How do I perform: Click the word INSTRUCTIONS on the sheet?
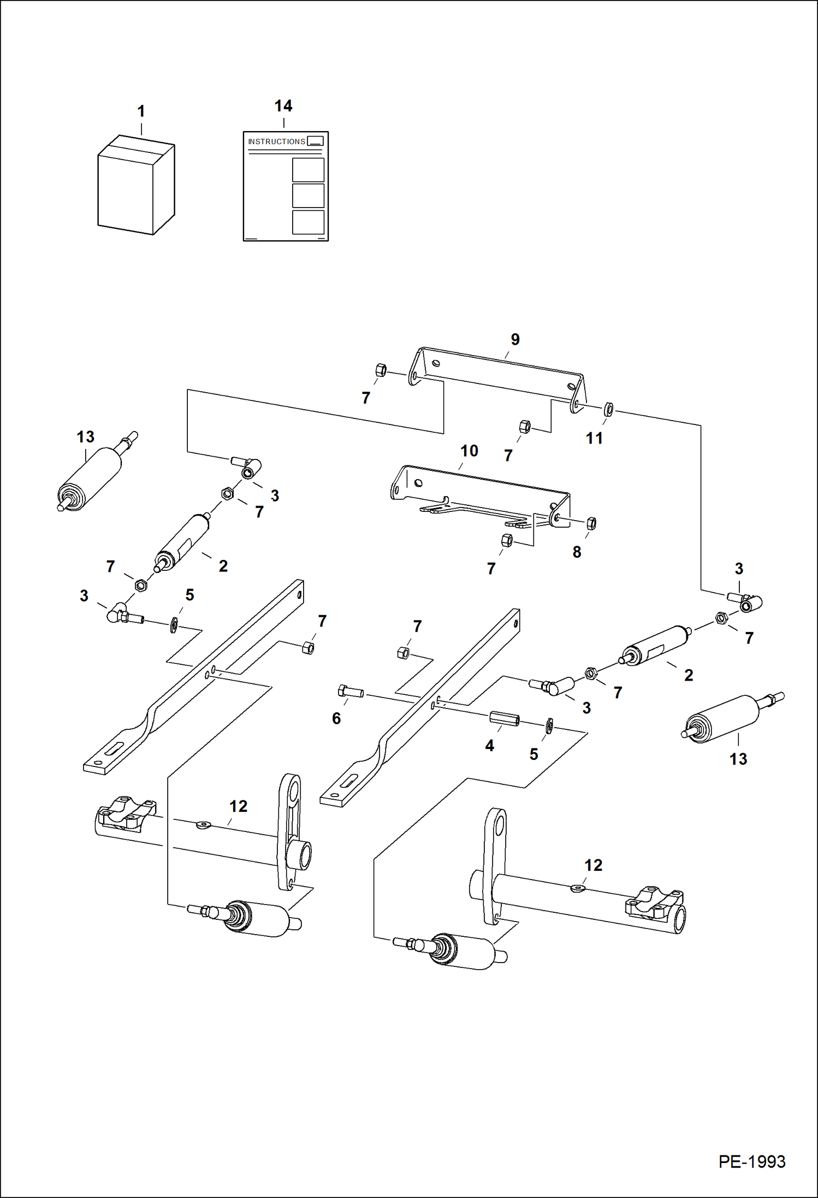pos(276,141)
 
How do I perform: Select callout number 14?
pos(283,106)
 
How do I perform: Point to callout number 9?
pos(515,340)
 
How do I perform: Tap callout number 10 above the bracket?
pos(469,451)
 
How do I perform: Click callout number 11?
pos(594,438)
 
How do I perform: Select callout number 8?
pos(577,552)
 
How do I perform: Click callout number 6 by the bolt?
pos(336,718)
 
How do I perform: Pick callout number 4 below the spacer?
pos(490,746)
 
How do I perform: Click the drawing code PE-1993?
pos(752,1161)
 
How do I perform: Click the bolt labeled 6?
pos(351,692)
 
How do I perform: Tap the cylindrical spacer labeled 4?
pos(503,718)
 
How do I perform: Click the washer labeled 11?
pos(609,409)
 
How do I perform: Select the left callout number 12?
pos(238,806)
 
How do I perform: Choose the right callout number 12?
pos(593,865)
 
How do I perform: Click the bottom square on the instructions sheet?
pos(308,222)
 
